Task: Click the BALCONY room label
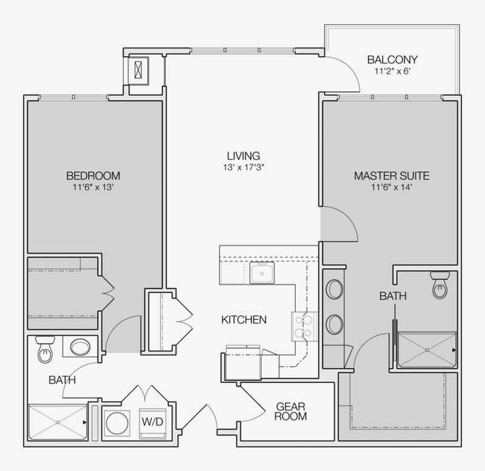(x=392, y=59)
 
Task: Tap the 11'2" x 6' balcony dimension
(x=392, y=70)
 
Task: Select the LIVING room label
(x=243, y=156)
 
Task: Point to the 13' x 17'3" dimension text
(x=243, y=167)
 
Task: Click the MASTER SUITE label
(x=392, y=176)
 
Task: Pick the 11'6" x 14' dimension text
(x=392, y=187)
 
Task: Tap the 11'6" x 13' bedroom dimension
(x=93, y=187)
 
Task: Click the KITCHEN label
(x=243, y=319)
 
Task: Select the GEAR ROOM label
(x=291, y=411)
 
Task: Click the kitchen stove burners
(x=306, y=327)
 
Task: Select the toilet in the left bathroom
(x=45, y=350)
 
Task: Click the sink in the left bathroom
(x=80, y=347)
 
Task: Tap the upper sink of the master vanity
(x=334, y=289)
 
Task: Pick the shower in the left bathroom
(x=57, y=422)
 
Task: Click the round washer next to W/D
(x=117, y=422)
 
